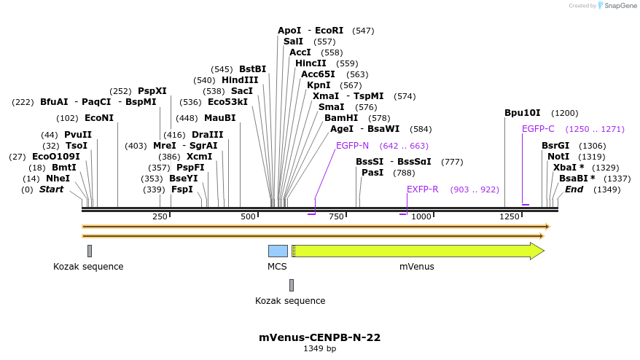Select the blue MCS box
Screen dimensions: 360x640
point(278,251)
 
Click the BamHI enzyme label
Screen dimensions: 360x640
point(341,117)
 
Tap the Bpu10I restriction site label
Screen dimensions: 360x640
point(523,113)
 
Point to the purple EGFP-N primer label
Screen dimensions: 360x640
point(352,146)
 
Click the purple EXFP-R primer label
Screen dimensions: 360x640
point(422,189)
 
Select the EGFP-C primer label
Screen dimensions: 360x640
point(538,129)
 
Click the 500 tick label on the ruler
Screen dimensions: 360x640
point(249,216)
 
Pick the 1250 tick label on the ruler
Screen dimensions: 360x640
point(509,216)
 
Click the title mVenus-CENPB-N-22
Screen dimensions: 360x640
point(319,337)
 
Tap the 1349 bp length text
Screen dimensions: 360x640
point(319,349)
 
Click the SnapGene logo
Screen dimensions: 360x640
point(618,6)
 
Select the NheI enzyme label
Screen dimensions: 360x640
point(58,179)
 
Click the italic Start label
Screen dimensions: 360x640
point(51,189)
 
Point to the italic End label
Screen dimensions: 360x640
point(574,189)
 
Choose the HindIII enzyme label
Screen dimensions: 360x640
point(240,80)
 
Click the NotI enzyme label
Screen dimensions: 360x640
point(558,157)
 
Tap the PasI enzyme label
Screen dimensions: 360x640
point(372,173)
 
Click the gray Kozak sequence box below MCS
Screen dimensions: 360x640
point(292,285)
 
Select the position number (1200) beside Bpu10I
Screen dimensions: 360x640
point(565,113)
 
